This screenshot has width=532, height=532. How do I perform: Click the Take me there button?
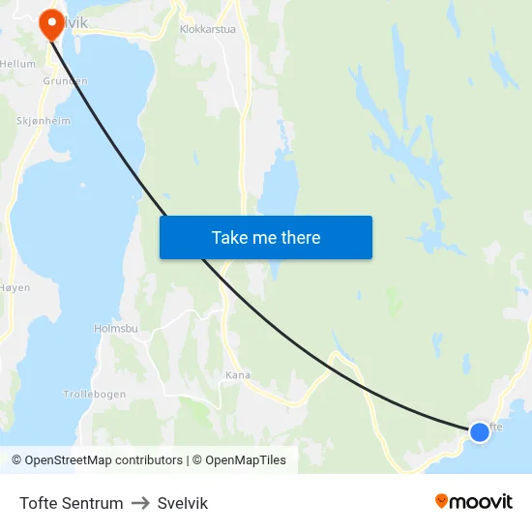(266, 237)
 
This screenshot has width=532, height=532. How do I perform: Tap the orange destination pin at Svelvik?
(49, 23)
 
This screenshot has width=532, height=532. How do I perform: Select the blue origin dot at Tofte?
(479, 431)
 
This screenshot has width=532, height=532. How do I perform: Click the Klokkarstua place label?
(208, 29)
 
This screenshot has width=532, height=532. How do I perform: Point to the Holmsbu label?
(116, 329)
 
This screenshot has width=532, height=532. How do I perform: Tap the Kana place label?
(237, 375)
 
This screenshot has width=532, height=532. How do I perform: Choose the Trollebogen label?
(94, 395)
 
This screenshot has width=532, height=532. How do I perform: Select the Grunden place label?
(66, 81)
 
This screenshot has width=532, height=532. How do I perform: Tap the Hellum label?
(17, 64)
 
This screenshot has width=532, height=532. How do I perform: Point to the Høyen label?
(15, 288)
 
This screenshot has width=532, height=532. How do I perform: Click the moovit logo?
(474, 502)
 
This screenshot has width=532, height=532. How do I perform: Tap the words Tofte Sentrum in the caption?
(72, 503)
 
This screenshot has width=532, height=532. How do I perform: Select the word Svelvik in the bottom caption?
(183, 503)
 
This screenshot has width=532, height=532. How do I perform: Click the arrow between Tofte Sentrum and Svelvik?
(140, 503)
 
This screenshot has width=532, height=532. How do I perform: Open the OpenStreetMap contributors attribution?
(103, 460)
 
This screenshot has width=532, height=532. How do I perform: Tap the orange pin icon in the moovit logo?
(442, 501)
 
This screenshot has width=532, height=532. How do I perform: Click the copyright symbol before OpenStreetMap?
(16, 460)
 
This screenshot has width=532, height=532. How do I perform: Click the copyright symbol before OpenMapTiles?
(196, 460)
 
